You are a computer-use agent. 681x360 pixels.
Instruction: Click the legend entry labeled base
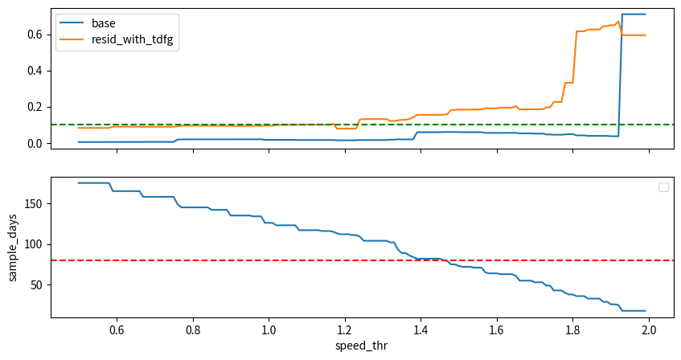104,23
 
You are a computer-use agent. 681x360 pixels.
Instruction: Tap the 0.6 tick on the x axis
117,329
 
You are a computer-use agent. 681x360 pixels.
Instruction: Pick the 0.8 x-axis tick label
193,329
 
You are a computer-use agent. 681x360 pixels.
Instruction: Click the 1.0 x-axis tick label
269,329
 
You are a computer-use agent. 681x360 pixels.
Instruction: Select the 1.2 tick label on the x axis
345,329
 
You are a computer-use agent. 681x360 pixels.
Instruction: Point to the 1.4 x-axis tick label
420,329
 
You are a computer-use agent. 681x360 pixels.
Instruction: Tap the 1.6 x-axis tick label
497,329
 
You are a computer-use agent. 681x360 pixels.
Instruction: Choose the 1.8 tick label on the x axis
572,329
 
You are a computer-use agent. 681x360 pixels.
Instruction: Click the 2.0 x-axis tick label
649,329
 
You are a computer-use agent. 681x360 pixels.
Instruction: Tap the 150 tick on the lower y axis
32,203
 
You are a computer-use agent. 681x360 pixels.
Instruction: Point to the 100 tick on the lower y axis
32,244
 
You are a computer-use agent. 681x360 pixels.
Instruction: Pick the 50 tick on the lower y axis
35,284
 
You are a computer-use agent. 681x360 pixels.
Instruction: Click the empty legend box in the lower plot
663,187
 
